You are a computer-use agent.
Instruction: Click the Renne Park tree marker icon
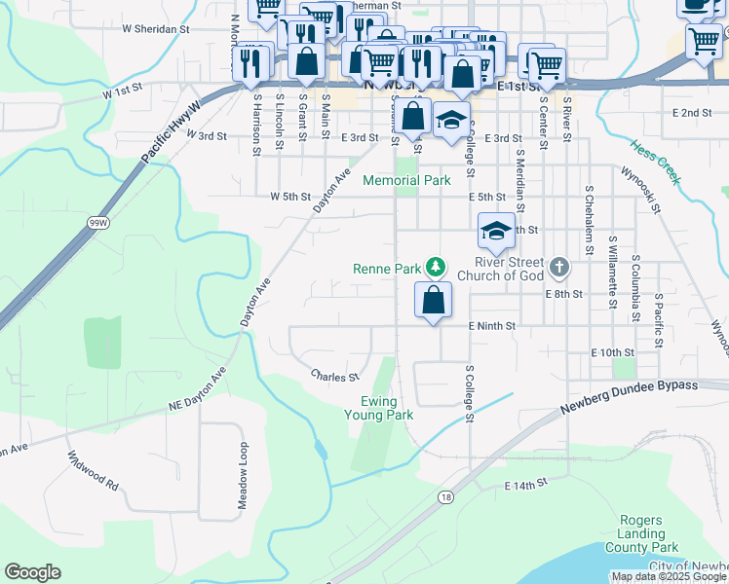436,267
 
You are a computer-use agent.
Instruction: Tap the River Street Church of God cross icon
558,267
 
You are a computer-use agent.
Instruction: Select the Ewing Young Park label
379,408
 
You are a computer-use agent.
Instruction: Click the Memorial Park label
406,180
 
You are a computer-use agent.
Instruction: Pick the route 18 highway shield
446,497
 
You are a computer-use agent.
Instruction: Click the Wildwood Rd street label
93,470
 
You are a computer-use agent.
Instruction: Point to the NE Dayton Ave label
196,387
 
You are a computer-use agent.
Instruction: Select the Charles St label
334,375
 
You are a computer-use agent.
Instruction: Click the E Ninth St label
491,326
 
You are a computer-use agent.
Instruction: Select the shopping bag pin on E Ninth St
432,301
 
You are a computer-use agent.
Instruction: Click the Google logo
32,572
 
